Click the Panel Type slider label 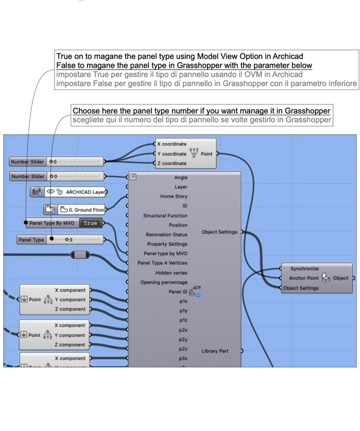[x=31, y=240]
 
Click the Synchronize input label [x=304, y=268]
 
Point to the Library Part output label [x=214, y=351]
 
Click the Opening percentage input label [x=164, y=282]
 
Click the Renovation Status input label [x=167, y=234]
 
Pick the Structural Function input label [x=165, y=215]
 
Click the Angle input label [x=181, y=177]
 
